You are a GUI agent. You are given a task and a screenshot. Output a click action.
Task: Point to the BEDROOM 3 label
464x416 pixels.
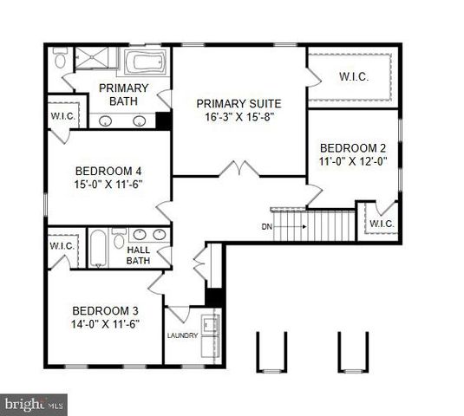106,311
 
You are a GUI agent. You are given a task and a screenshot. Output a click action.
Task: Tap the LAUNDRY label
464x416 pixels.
183,335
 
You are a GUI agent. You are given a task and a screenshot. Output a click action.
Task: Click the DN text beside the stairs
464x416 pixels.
266,227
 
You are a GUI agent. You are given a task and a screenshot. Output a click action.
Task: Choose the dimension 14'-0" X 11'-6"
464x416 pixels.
106,324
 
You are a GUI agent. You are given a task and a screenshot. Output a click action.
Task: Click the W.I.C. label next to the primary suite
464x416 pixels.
355,76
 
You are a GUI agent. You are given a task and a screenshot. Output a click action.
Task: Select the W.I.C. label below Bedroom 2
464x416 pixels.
382,224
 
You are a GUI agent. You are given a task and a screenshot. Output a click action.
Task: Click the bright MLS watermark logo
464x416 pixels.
34,404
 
